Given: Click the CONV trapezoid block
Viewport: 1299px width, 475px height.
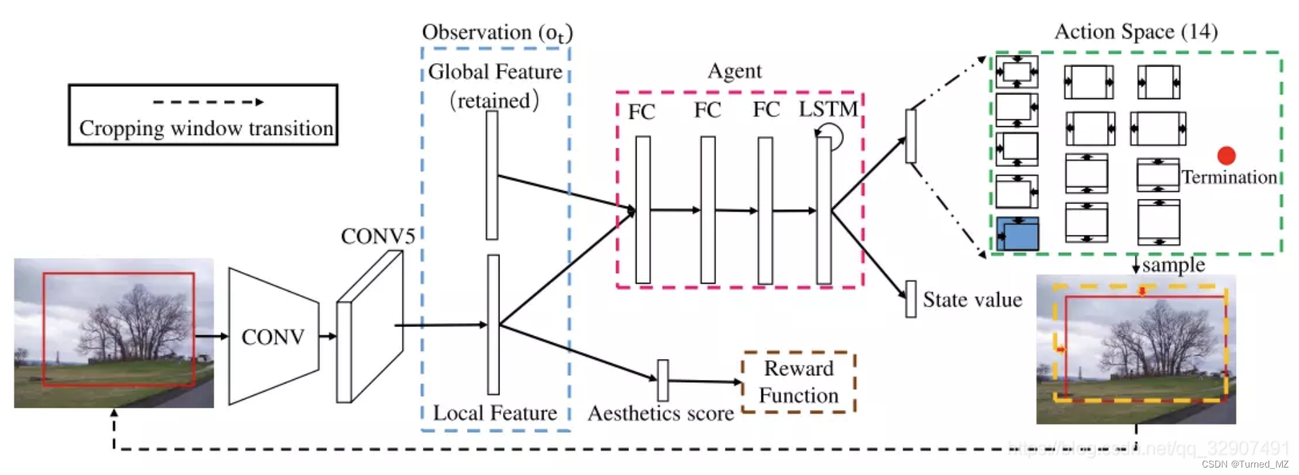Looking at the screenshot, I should pyautogui.click(x=274, y=337).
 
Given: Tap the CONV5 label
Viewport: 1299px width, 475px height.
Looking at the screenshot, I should pyautogui.click(x=377, y=236).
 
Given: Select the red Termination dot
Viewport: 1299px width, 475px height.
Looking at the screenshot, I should pyautogui.click(x=1226, y=156).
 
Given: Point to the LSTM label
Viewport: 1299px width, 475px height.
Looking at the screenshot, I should pyautogui.click(x=828, y=109).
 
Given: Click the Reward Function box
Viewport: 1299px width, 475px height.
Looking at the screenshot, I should pyautogui.click(x=798, y=382).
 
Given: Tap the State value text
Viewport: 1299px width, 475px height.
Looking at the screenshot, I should pyautogui.click(x=972, y=300).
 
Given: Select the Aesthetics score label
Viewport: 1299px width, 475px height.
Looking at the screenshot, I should pyautogui.click(x=660, y=413).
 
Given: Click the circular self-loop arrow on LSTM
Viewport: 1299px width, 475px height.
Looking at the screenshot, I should pyautogui.click(x=832, y=136).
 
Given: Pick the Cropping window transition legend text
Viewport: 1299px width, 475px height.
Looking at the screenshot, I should pyautogui.click(x=206, y=128).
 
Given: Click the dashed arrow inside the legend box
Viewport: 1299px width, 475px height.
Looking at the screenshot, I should pyautogui.click(x=208, y=102).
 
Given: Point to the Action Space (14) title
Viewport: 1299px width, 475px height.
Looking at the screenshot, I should pyautogui.click(x=1135, y=31).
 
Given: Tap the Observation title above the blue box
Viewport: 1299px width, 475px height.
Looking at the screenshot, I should pyautogui.click(x=497, y=33).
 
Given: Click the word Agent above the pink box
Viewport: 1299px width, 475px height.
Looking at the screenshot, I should pyautogui.click(x=734, y=71).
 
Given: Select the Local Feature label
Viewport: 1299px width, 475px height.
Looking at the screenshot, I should pyautogui.click(x=495, y=413).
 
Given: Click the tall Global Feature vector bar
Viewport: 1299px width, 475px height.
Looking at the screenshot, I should pyautogui.click(x=492, y=175).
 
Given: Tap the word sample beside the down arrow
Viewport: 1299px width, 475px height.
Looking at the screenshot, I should pyautogui.click(x=1173, y=265).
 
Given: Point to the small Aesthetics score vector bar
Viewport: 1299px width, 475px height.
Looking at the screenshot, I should pyautogui.click(x=663, y=380).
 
